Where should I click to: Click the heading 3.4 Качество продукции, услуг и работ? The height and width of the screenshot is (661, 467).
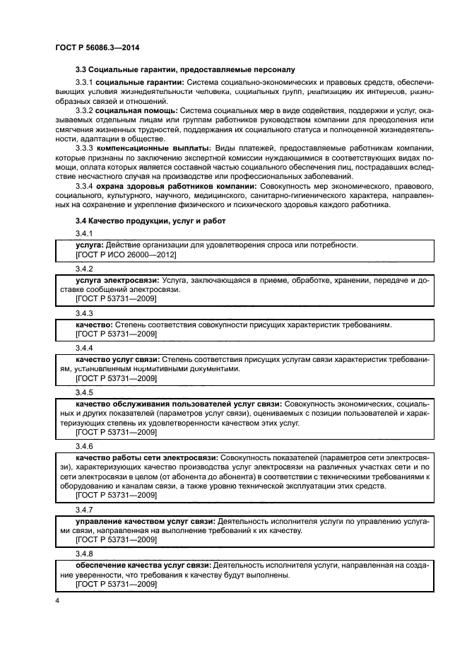[150, 221]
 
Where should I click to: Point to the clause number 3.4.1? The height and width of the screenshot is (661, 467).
[84, 233]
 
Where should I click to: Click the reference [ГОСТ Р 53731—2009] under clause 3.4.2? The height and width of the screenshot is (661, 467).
[116, 299]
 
